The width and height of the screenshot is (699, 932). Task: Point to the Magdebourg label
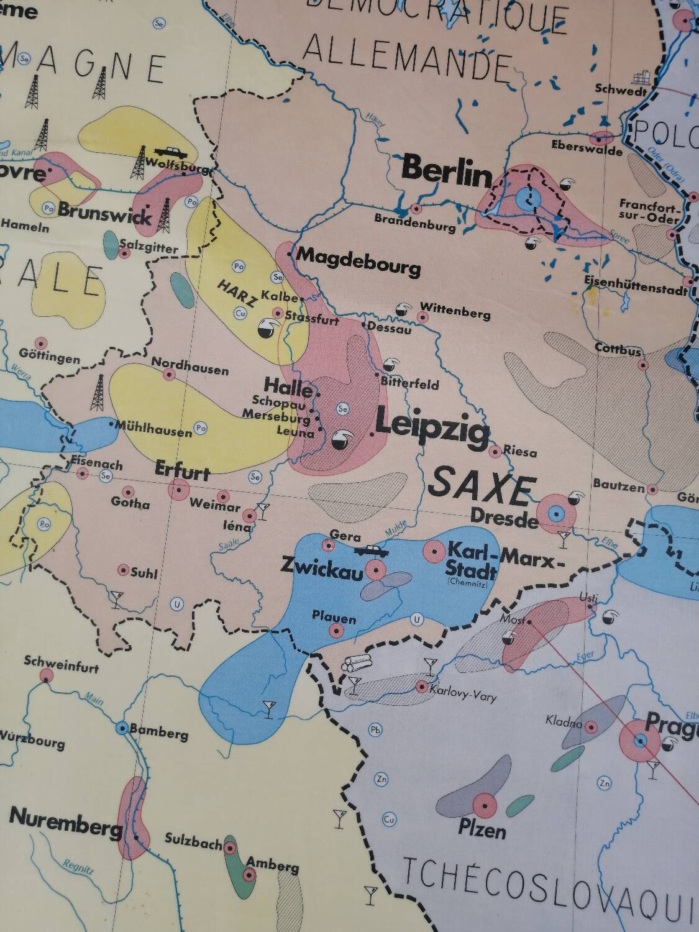359,262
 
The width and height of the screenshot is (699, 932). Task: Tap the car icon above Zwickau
372,550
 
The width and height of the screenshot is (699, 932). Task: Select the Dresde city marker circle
556,513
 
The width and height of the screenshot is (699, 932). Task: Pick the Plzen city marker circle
485,806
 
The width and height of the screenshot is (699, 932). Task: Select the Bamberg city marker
123,728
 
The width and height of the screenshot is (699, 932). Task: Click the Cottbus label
618,348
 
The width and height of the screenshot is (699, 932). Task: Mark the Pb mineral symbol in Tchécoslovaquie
375,729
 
